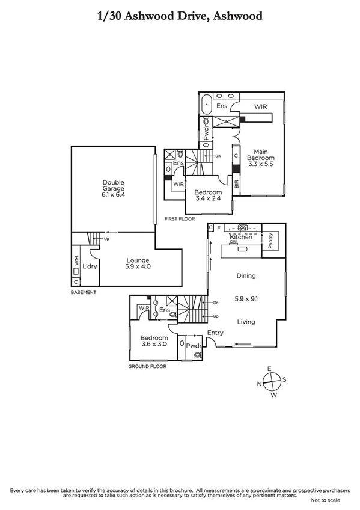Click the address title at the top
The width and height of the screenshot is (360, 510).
[x=180, y=16]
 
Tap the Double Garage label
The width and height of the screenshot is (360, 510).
[x=112, y=189]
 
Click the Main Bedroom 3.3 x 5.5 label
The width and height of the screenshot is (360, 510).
[x=260, y=158]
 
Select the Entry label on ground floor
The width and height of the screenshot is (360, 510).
[x=215, y=333]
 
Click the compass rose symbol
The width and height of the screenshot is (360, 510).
[x=272, y=381]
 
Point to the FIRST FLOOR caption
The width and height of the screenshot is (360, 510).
[x=180, y=220]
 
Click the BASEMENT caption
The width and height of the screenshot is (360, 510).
[x=83, y=292]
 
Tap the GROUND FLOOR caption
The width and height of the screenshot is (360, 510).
[x=147, y=366]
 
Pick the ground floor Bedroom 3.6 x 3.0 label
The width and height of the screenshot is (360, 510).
[x=152, y=341]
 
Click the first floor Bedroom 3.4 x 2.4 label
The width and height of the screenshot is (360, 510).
[x=207, y=196]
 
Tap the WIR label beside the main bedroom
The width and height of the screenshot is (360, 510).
[x=260, y=106]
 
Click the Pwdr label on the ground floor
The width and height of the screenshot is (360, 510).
[x=193, y=346]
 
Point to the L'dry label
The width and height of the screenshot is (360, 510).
[x=90, y=266]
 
